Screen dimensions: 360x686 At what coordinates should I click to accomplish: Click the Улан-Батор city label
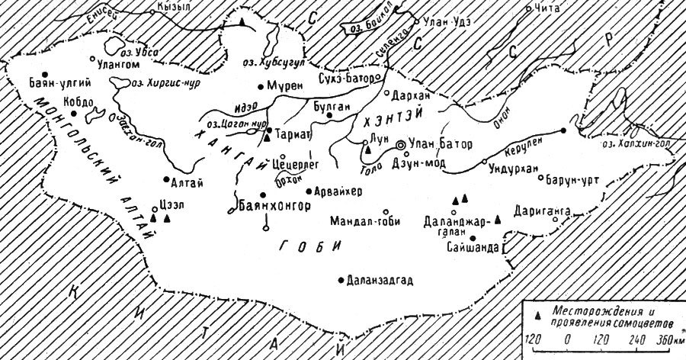pyautogui.click(x=443, y=144)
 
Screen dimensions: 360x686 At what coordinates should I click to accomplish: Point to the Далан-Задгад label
pyautogui.click(x=380, y=280)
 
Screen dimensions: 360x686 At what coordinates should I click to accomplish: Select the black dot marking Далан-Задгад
pyautogui.click(x=341, y=280)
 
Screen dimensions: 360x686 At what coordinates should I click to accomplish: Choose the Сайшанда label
pyautogui.click(x=476, y=248)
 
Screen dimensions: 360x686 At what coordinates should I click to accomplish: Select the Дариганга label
pyautogui.click(x=540, y=208)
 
